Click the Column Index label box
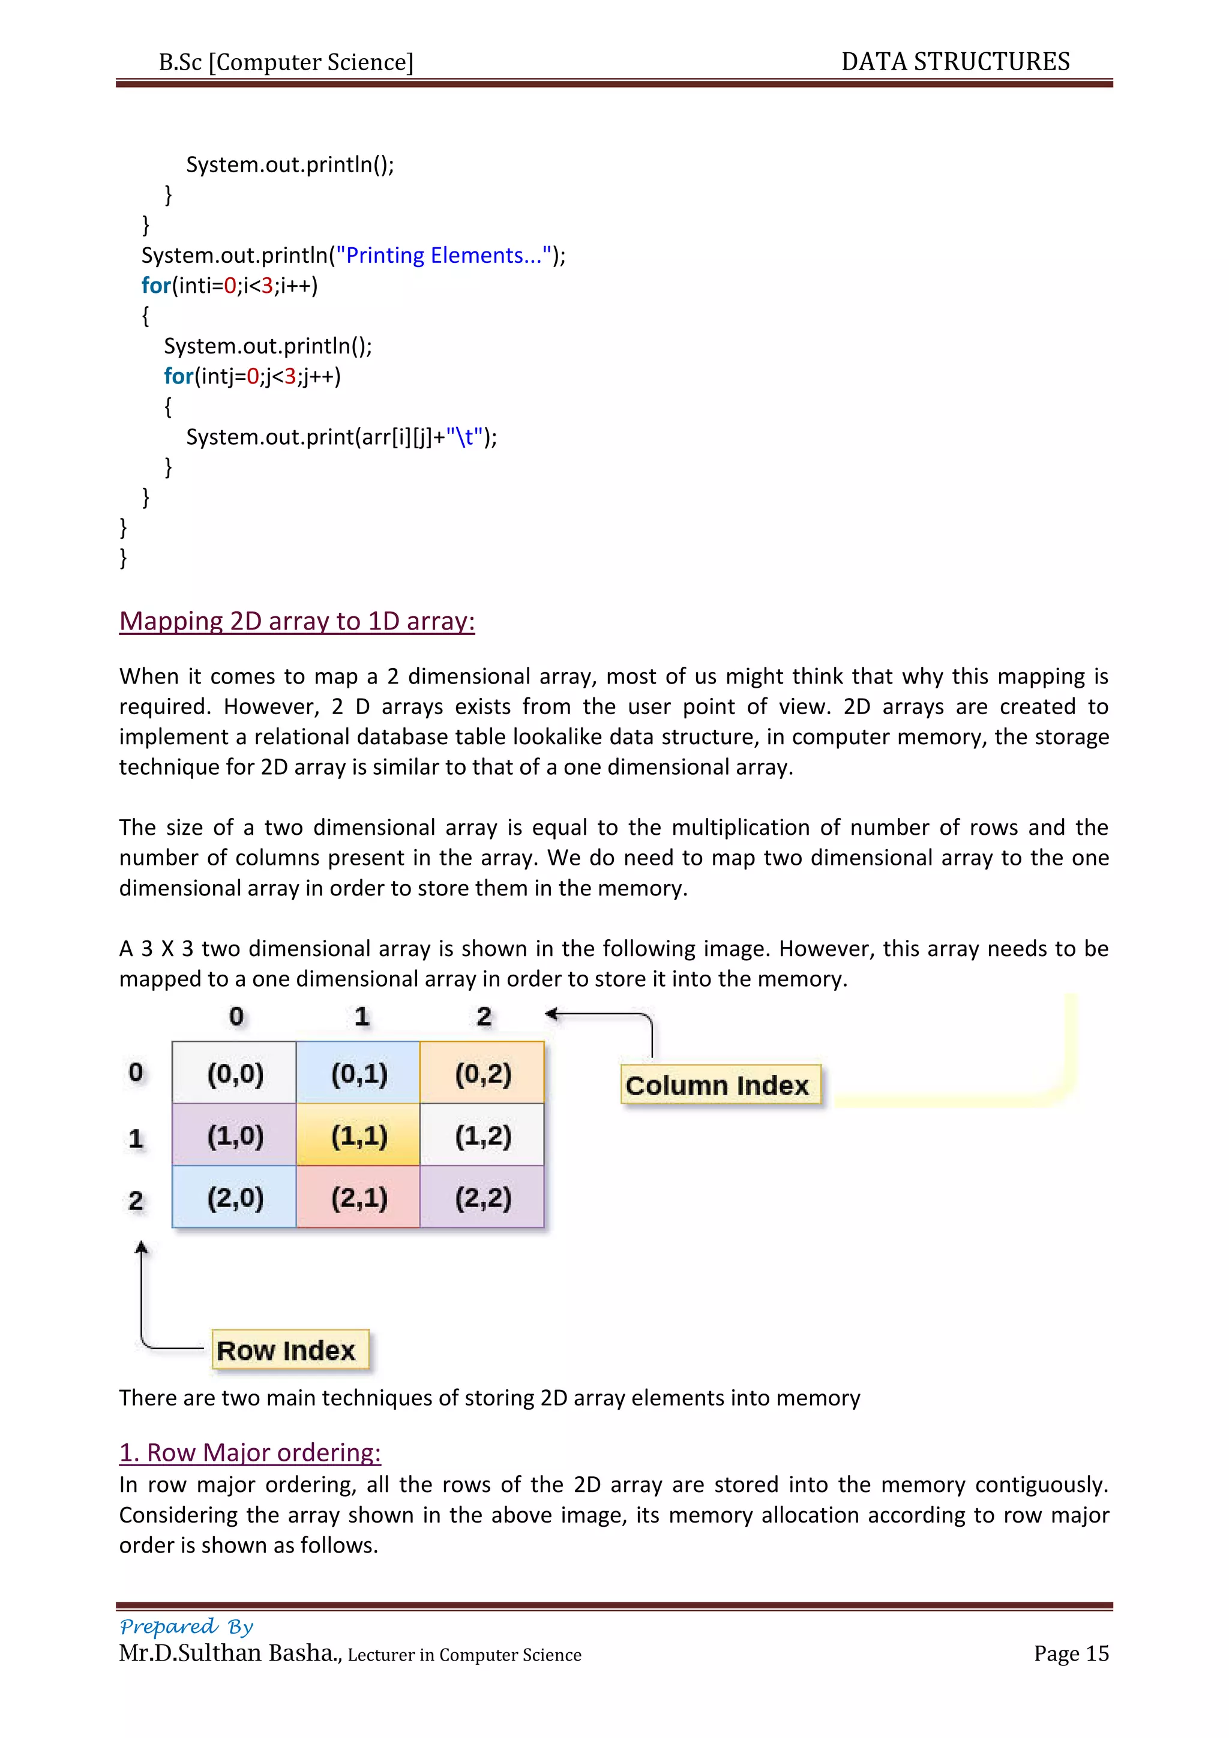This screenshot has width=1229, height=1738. point(720,1084)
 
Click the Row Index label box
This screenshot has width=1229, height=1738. point(290,1350)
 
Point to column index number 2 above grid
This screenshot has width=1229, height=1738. point(484,1017)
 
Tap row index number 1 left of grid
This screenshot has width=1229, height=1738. point(136,1138)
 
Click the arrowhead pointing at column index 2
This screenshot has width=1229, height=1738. point(551,1014)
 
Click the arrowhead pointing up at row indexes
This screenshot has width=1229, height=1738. point(141,1248)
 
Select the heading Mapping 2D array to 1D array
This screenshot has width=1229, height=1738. point(296,621)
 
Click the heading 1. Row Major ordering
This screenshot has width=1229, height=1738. point(250,1452)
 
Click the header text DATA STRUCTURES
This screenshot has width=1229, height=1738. point(955,61)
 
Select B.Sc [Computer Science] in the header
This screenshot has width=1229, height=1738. point(286,62)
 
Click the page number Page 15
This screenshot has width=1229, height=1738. point(1071,1653)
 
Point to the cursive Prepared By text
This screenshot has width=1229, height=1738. point(186,1626)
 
